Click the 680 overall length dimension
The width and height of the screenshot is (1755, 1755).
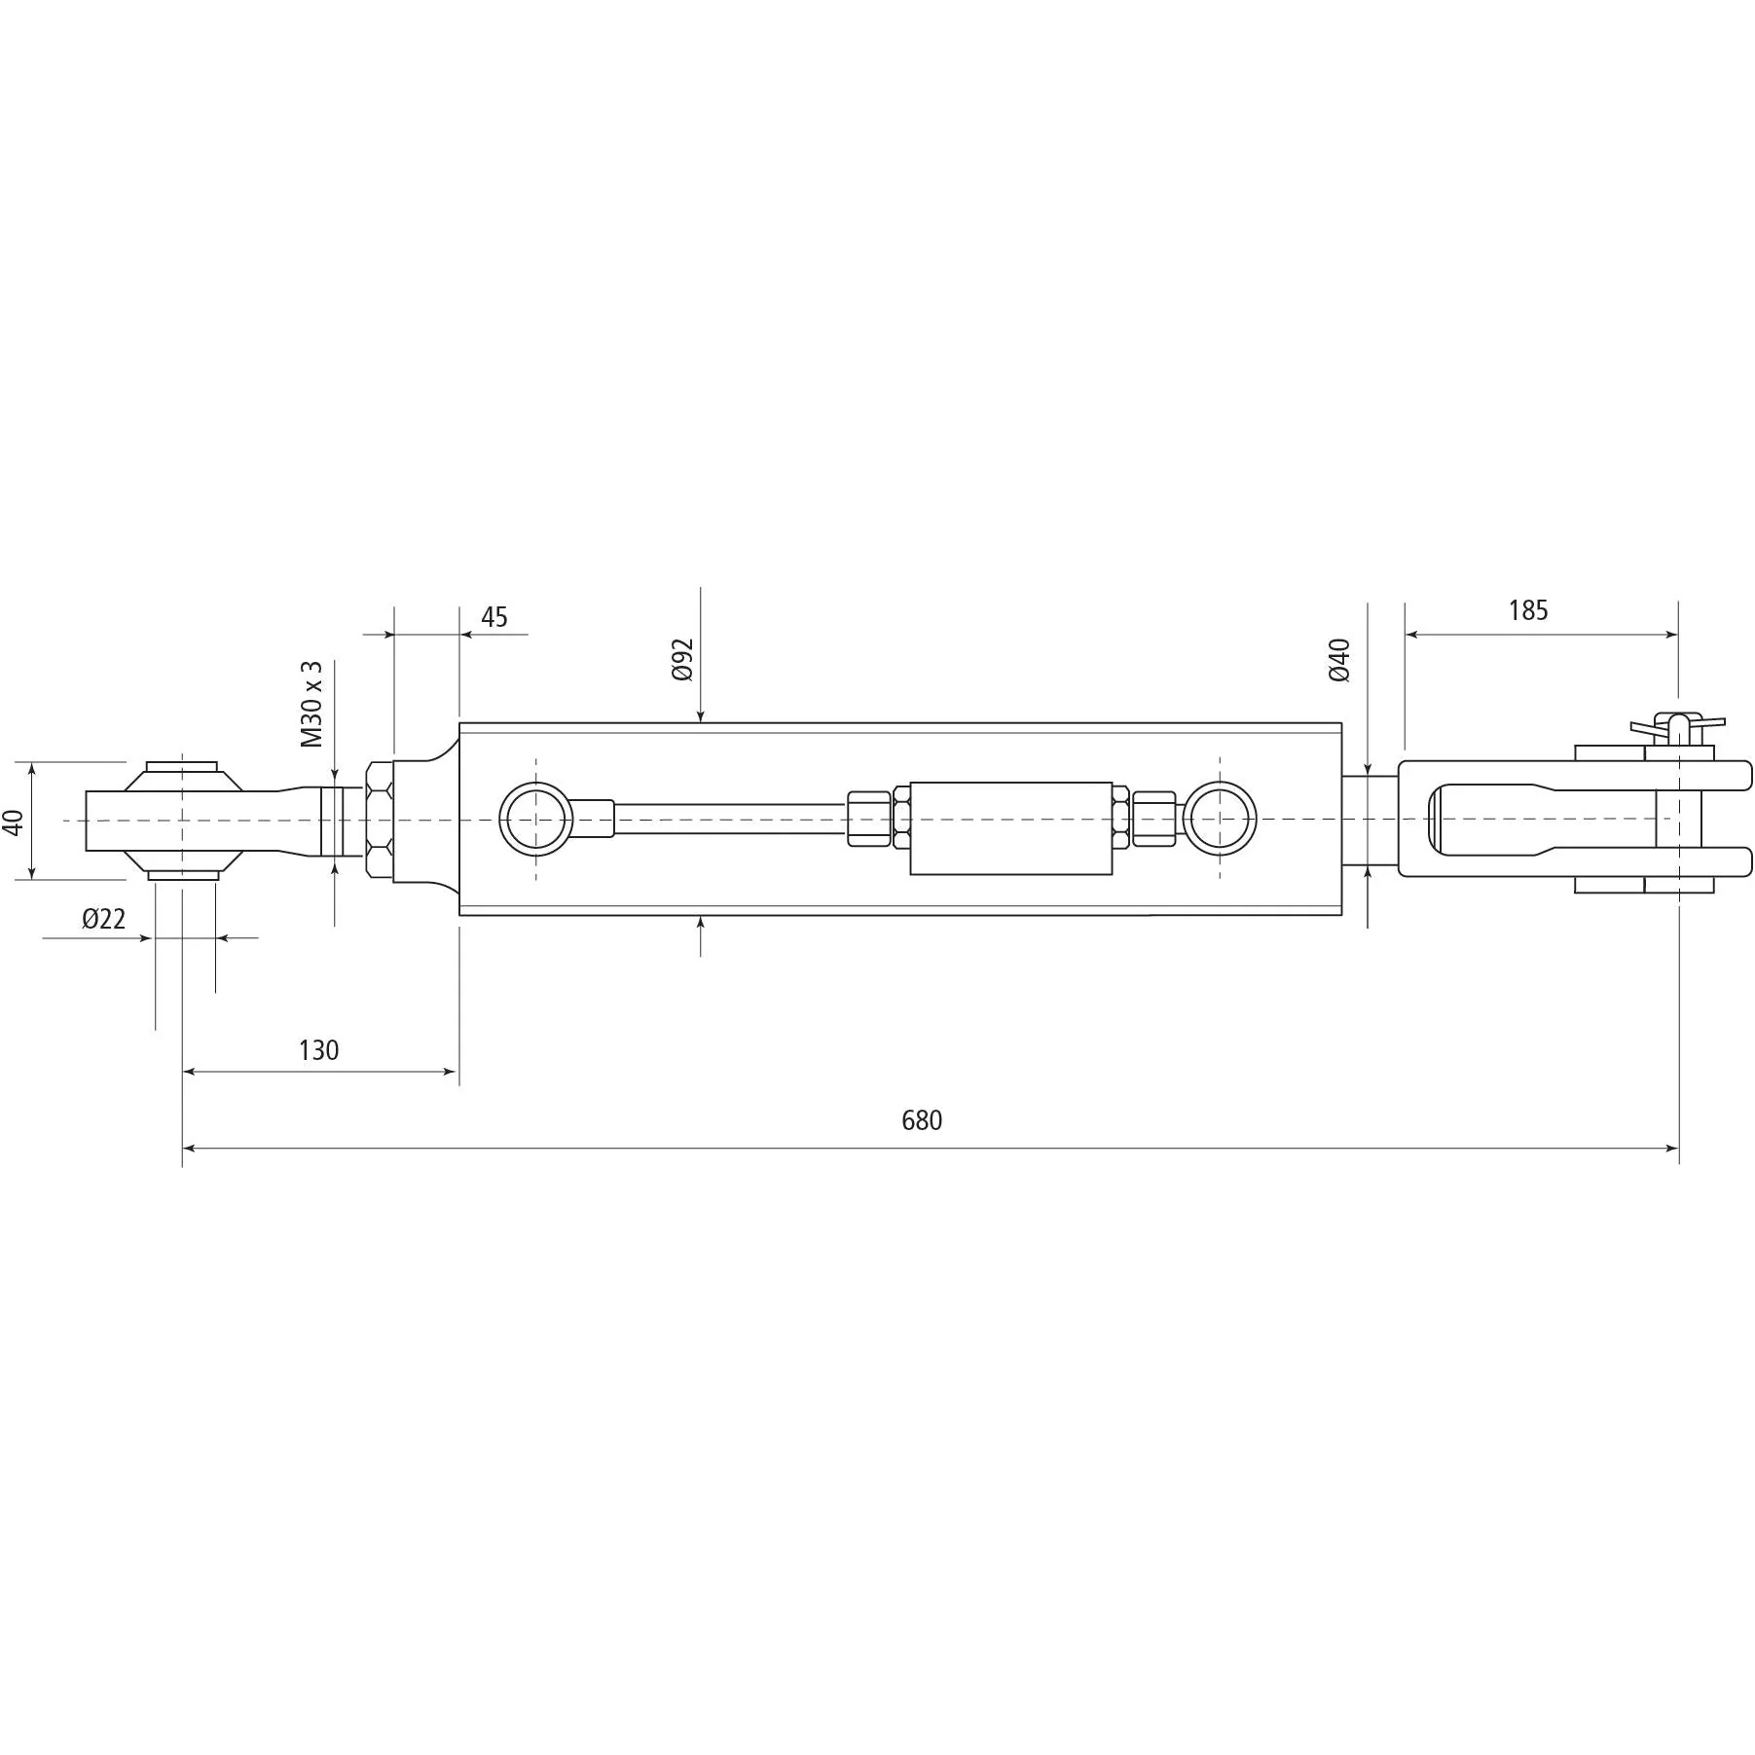tap(921, 1120)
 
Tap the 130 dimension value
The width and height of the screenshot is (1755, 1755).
tap(318, 1050)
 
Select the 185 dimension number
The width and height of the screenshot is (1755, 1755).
tap(1527, 610)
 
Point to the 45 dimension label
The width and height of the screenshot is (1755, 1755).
tap(494, 617)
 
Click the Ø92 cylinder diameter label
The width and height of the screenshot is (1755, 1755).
tap(682, 659)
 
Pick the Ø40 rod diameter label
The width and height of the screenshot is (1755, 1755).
tap(1339, 659)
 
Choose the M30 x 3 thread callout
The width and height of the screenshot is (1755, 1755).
tap(311, 704)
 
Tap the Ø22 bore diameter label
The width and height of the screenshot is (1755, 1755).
tap(104, 919)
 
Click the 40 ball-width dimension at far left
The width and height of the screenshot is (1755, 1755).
tap(14, 823)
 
